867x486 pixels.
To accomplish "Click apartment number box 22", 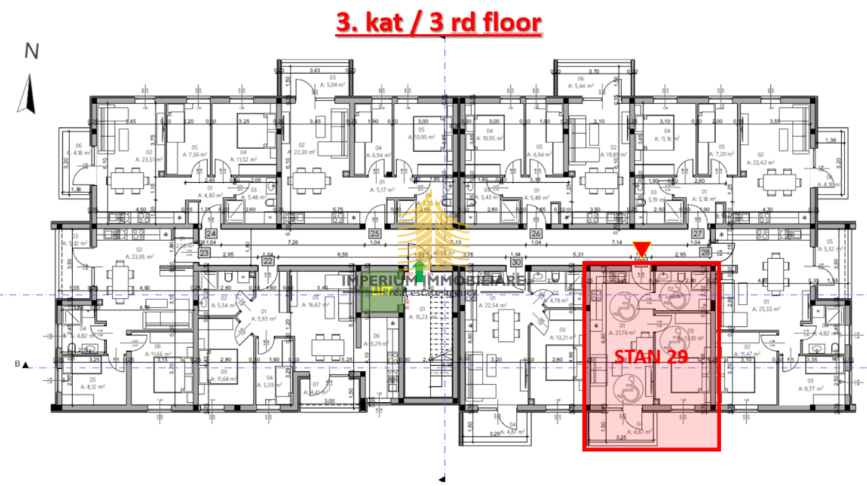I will point(268,260).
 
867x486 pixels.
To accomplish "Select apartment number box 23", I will point(205,253).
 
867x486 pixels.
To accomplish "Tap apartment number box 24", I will point(212,234).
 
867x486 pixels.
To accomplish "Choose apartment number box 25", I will point(375,234).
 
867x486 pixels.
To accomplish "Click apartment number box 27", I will point(698,234).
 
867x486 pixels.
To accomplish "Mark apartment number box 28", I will point(705,253).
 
